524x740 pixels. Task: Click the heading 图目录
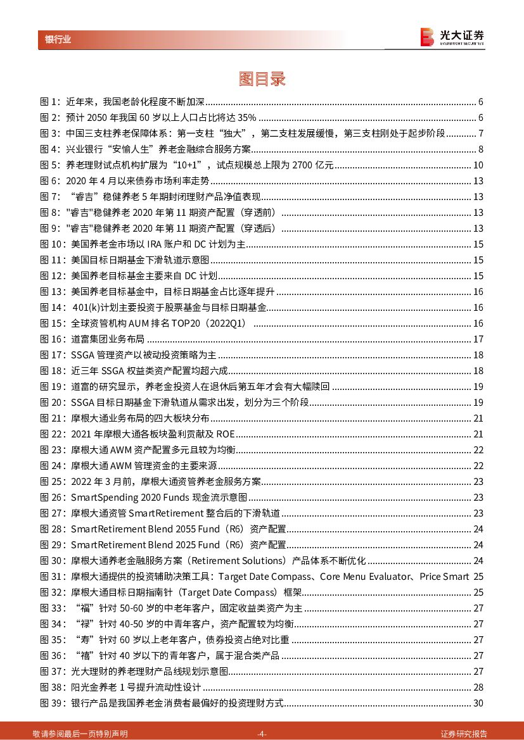coord(262,78)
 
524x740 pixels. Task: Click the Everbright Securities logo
coord(452,37)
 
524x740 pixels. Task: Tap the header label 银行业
coord(58,39)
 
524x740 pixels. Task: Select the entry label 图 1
coord(49,102)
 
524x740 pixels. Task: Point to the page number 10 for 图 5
coord(478,165)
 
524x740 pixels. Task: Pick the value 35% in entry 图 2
coord(246,118)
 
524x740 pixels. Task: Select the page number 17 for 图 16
coord(478,339)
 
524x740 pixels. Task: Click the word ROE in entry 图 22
coord(225,434)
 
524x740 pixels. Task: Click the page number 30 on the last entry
coord(478,703)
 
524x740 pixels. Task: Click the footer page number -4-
coord(262,734)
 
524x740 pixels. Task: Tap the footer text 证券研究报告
coord(464,734)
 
